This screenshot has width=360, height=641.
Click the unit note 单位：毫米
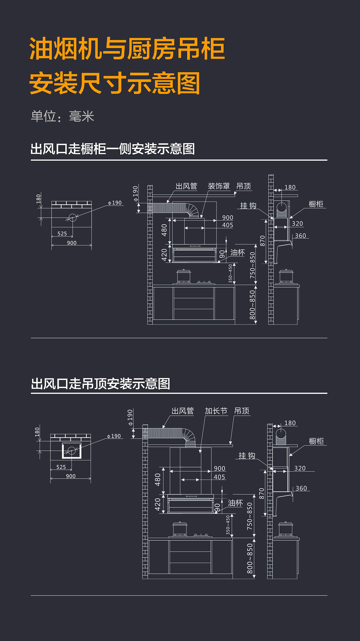[x=62, y=116]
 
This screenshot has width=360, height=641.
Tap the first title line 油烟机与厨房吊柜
[x=127, y=49]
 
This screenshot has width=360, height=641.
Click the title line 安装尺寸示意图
[x=115, y=83]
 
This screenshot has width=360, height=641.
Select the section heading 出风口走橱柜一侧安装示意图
[x=112, y=149]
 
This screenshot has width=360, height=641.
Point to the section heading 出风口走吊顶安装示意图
[x=100, y=384]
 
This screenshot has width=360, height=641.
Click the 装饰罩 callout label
[x=219, y=186]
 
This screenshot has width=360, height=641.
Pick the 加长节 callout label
[x=216, y=411]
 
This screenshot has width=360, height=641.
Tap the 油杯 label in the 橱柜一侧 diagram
[x=238, y=253]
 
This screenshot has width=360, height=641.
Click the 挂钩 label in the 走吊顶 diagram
[x=247, y=456]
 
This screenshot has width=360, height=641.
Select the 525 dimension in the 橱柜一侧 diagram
[x=62, y=234]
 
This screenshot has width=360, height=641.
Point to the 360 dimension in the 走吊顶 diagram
[x=301, y=488]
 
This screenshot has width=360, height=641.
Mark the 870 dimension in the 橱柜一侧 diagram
[x=262, y=241]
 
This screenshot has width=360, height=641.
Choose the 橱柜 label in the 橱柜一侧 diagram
[x=316, y=204]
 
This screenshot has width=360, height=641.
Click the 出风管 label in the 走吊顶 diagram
[x=182, y=411]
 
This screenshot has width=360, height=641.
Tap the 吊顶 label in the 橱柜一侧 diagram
[x=244, y=186]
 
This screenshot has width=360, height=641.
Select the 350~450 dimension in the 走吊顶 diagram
[x=228, y=525]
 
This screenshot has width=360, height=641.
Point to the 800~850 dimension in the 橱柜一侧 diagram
[x=252, y=305]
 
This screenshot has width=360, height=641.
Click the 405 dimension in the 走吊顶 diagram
[x=219, y=477]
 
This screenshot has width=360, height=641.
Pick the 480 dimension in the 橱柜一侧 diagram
[x=164, y=230]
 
